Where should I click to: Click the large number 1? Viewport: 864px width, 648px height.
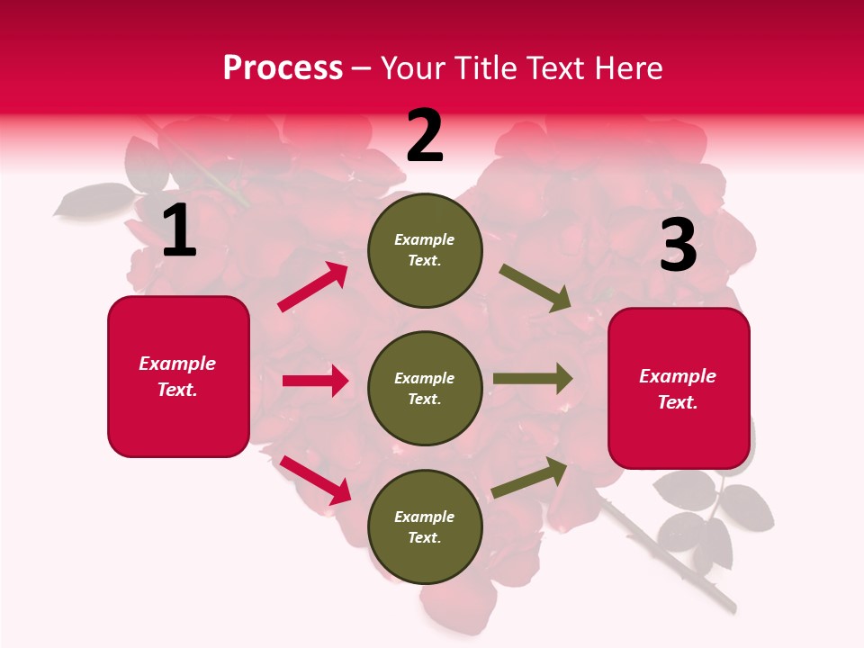tap(180, 231)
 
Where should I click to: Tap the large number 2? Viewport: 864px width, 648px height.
tap(425, 135)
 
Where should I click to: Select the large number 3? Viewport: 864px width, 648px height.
tap(679, 245)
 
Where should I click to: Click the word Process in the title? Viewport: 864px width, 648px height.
tap(283, 67)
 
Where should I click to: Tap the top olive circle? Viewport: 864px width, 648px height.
tap(425, 250)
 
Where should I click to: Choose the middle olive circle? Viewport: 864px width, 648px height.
tap(425, 388)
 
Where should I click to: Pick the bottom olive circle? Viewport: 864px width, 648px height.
tap(425, 526)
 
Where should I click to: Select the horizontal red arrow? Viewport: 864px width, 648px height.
tap(315, 381)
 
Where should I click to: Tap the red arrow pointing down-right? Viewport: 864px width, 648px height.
tap(316, 479)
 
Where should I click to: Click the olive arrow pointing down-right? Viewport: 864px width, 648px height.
tap(535, 288)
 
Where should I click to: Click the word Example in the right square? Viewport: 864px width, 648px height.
tap(678, 376)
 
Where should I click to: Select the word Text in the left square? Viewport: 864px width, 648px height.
tap(176, 390)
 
